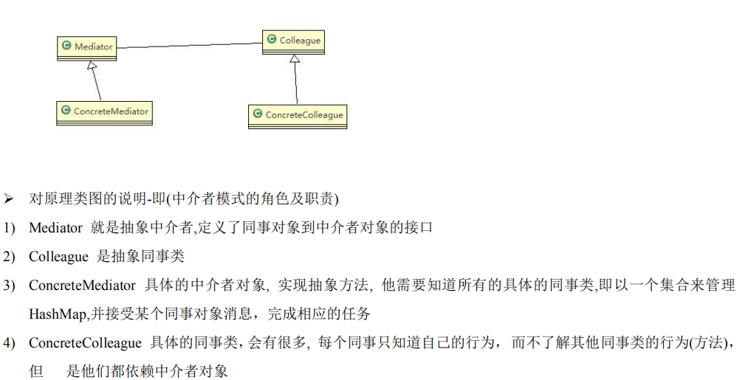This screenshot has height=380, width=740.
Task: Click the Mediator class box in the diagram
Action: pos(87,47)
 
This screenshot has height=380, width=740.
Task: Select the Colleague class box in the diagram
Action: pos(293,41)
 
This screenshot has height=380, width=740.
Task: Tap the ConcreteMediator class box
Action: pos(104,111)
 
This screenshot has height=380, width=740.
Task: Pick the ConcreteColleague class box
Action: pos(297,115)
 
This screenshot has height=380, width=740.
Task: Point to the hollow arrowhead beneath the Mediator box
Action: pos(91,66)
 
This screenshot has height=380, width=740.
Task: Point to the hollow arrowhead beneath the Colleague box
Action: pos(295,60)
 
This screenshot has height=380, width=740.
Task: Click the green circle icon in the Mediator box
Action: pos(66,46)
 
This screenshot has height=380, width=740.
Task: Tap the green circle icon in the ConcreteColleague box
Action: pos(258,114)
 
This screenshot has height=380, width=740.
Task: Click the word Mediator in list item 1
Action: pos(55,228)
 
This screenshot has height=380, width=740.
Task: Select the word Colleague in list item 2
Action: pos(58,257)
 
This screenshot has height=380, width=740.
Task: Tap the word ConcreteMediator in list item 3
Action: pos(82,286)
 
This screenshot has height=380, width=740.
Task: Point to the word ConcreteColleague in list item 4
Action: pos(85,343)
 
